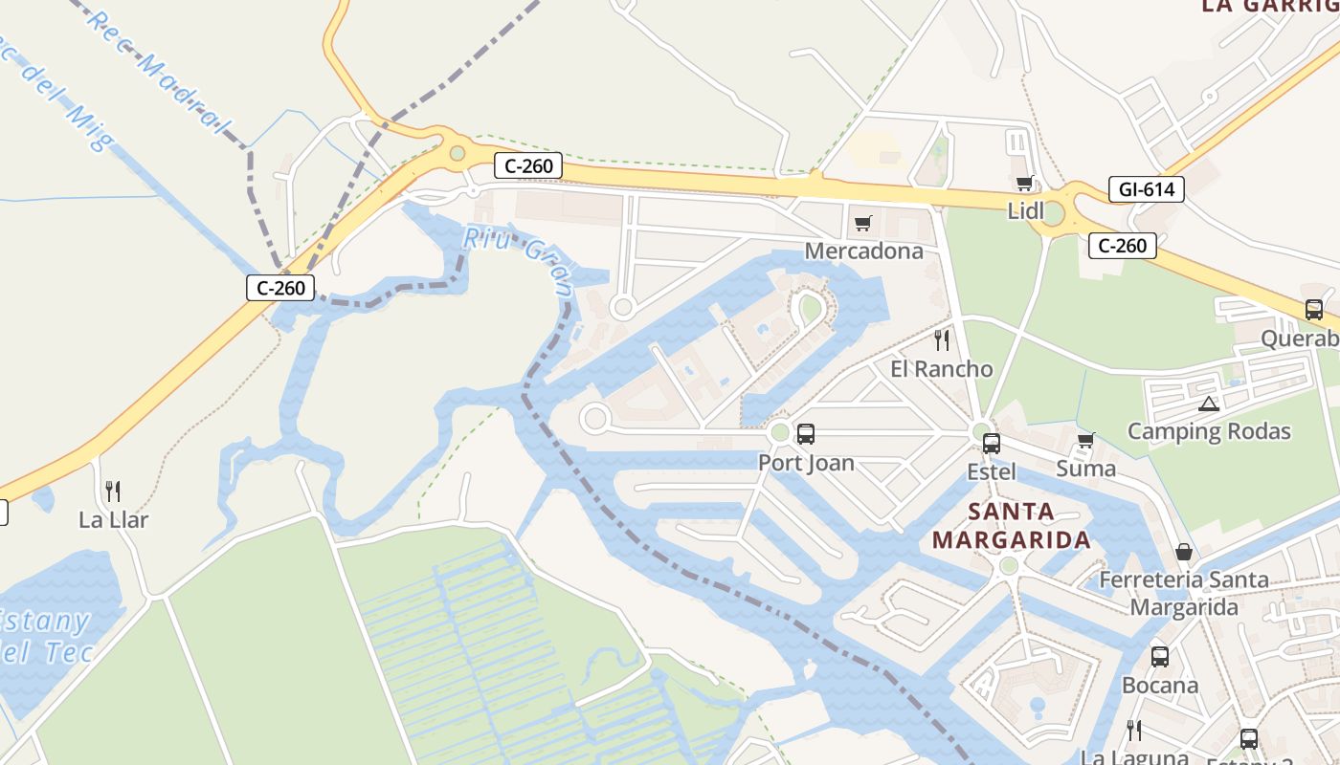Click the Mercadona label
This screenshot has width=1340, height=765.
863,251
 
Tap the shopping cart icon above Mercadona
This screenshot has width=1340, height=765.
863,224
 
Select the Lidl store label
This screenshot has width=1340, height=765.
1026,211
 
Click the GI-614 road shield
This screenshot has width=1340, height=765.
1146,189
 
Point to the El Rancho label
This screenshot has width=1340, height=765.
941,369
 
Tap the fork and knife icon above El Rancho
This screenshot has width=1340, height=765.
942,339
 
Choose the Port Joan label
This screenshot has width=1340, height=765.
806,463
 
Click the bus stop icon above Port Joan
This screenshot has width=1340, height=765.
806,434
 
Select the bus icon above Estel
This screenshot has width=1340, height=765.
992,444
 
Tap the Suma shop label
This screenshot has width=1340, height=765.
1085,469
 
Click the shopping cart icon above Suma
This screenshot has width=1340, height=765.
1085,441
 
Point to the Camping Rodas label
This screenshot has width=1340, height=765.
1209,431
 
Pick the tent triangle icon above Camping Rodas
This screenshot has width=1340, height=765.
1208,404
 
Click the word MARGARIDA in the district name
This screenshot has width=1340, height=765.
1012,540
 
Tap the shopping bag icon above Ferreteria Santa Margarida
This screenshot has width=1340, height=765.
1184,552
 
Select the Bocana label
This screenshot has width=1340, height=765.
1159,686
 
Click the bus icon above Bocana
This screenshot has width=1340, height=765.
1159,657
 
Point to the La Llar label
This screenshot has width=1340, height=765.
113,520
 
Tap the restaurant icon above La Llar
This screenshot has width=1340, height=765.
113,492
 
